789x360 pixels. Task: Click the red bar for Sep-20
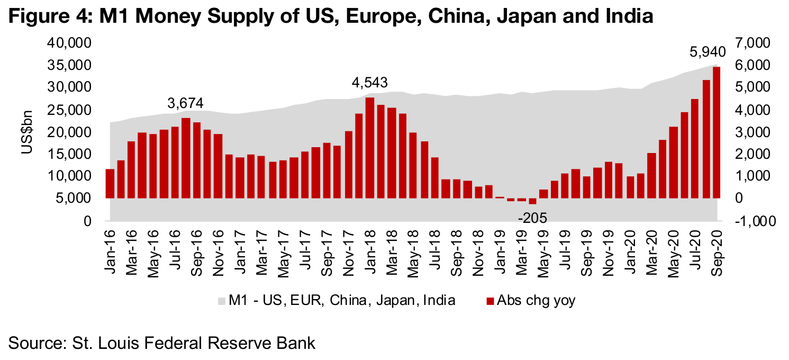(x=717, y=132)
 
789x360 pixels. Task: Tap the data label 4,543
(x=370, y=83)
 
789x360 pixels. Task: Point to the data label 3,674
(x=186, y=103)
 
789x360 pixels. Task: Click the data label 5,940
(x=708, y=52)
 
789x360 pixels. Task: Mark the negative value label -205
(x=532, y=218)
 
